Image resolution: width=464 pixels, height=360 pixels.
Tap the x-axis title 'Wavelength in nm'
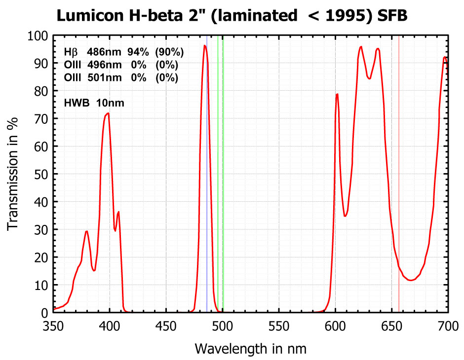(x=250, y=349)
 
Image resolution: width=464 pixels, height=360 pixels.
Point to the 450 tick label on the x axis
(x=166, y=326)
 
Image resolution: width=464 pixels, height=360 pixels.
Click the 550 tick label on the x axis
(x=279, y=326)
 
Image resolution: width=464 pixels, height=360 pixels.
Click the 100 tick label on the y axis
(x=38, y=36)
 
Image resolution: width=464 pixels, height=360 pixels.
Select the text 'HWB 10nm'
(x=94, y=103)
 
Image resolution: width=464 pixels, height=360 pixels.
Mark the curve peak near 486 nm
(x=204, y=46)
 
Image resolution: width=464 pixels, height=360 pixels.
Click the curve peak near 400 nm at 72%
(x=108, y=113)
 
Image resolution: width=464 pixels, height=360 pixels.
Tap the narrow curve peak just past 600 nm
(x=337, y=94)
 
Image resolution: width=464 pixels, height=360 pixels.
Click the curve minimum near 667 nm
(x=411, y=281)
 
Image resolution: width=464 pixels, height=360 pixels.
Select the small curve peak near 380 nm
(x=87, y=231)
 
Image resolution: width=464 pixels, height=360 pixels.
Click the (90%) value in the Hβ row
(x=169, y=52)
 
